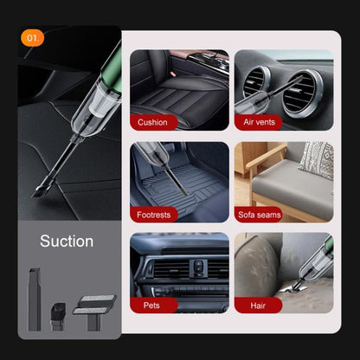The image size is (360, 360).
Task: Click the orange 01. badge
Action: [34, 38]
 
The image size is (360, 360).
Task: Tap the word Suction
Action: [67, 241]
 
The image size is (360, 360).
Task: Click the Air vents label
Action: [259, 122]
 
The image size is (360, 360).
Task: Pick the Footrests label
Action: [154, 214]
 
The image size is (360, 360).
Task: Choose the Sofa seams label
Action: [259, 214]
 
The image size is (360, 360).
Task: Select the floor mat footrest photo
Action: [179, 177]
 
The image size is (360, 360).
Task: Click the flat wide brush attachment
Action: [94, 303]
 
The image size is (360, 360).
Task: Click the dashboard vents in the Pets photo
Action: [179, 267]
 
